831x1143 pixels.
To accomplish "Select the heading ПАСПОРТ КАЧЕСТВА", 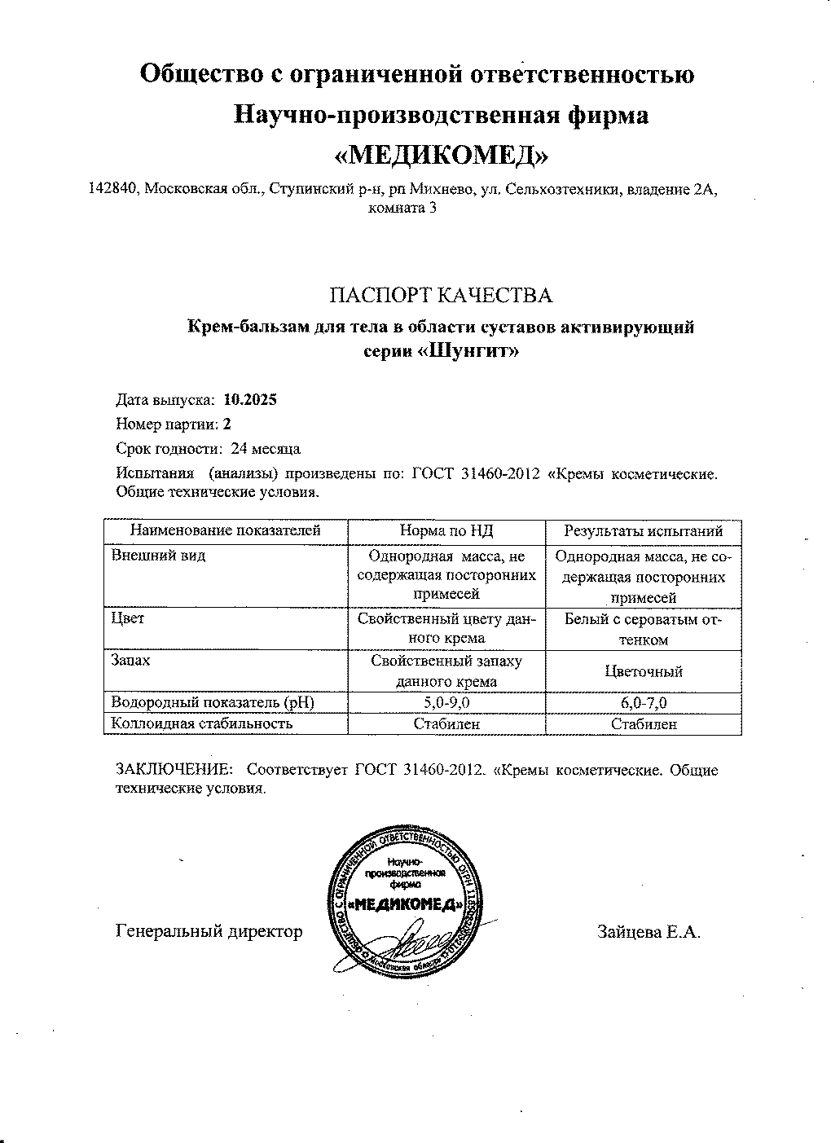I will pyautogui.click(x=441, y=294).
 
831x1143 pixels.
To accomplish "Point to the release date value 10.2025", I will pyautogui.click(x=249, y=400).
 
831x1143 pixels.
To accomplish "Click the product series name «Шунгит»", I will pyautogui.click(x=473, y=351).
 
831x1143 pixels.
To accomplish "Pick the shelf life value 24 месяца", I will pyautogui.click(x=266, y=449).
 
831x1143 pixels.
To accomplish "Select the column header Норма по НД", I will pyautogui.click(x=446, y=531).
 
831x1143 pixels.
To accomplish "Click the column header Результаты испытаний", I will pyautogui.click(x=644, y=531).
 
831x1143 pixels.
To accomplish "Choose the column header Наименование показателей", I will pyautogui.click(x=226, y=531).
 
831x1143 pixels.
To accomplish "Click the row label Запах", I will pyautogui.click(x=130, y=661).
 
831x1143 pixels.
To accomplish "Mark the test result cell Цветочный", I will pyautogui.click(x=644, y=672).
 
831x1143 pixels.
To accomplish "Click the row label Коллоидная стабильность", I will pyautogui.click(x=201, y=723).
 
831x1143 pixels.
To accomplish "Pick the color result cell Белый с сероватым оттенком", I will pyautogui.click(x=644, y=629).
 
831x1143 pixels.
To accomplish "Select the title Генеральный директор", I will pyautogui.click(x=209, y=931).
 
